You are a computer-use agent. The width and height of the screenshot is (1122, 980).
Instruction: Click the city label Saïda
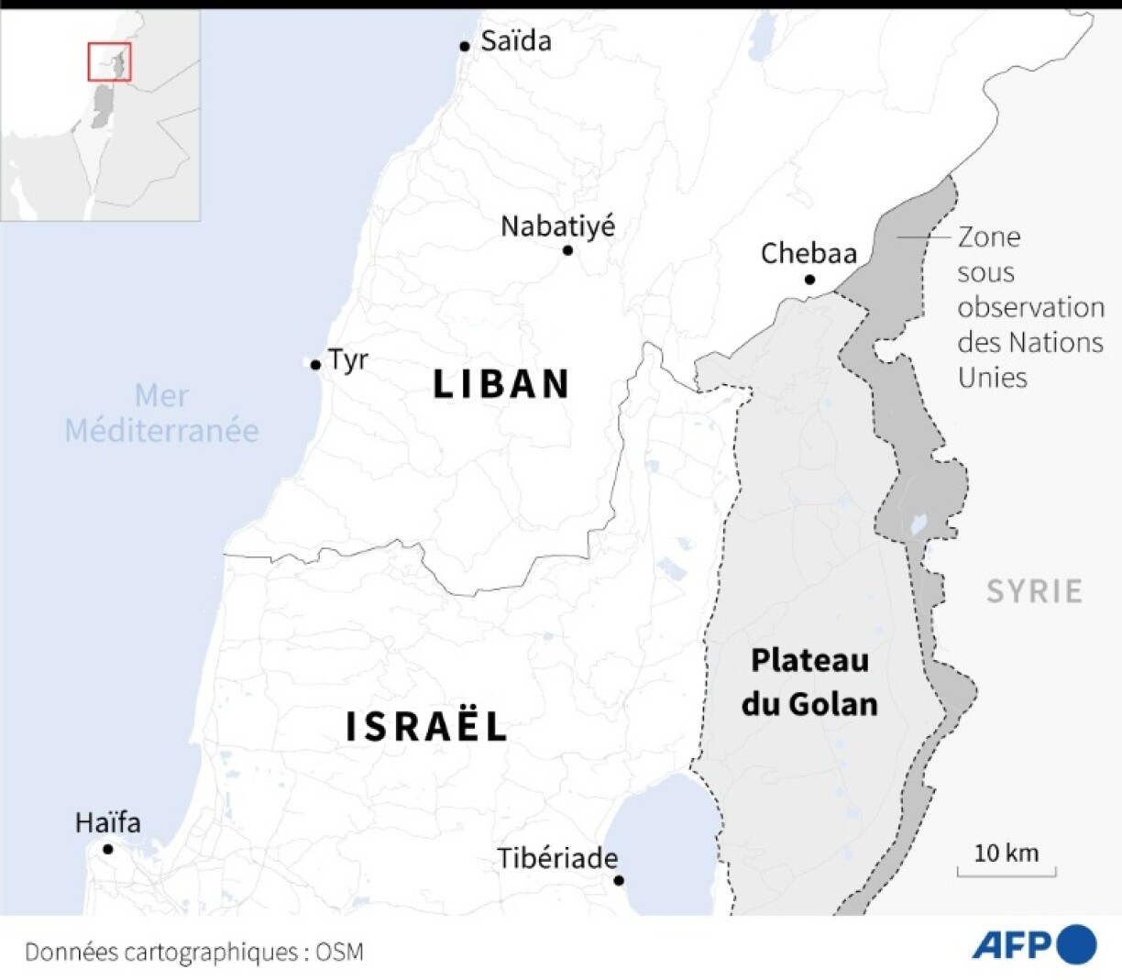(516, 41)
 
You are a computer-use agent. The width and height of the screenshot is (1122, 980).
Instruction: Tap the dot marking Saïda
(465, 46)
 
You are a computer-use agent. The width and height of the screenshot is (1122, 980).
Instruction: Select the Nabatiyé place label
(557, 226)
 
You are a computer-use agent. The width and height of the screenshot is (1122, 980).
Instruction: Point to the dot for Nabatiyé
(567, 250)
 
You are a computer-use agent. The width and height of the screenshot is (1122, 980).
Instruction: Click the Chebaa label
(808, 253)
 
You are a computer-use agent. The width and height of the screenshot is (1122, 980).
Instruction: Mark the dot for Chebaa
(809, 279)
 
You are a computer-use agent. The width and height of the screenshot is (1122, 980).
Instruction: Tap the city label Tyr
(348, 359)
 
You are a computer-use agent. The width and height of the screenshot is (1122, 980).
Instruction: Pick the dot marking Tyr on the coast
(315, 365)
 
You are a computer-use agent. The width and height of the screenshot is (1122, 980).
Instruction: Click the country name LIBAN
(501, 384)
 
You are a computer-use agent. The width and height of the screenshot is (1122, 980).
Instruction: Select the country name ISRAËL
(426, 726)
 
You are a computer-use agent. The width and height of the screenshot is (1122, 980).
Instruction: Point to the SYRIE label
(1034, 591)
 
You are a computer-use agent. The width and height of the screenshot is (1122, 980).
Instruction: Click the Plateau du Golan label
(809, 682)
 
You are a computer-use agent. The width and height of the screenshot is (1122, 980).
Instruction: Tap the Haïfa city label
(108, 822)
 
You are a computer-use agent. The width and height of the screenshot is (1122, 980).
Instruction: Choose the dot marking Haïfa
(108, 849)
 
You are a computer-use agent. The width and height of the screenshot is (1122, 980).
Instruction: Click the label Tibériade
(557, 858)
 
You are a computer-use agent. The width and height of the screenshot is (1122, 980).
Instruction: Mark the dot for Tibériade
(619, 880)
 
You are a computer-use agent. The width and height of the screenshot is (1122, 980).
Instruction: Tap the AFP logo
(1034, 945)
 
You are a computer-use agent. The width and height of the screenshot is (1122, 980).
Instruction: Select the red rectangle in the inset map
(109, 61)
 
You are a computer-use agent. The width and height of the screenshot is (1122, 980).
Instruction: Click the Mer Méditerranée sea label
(161, 413)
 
